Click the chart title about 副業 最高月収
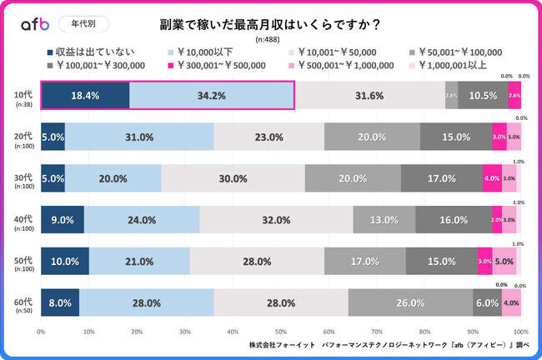(x=271, y=25)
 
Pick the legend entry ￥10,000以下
(x=203, y=52)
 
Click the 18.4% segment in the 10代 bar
(x=85, y=95)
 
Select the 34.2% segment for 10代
(x=212, y=95)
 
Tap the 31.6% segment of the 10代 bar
(x=369, y=95)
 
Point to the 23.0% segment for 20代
(x=268, y=137)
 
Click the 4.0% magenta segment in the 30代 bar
(x=492, y=178)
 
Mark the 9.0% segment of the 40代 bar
(x=63, y=220)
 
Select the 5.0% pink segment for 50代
(x=504, y=261)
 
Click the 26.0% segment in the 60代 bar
(x=410, y=302)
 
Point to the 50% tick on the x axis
(x=281, y=331)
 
